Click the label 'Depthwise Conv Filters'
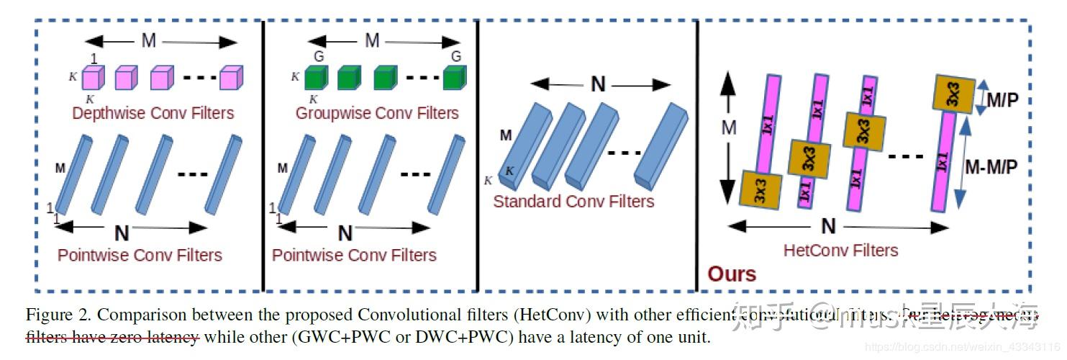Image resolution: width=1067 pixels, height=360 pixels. (x=153, y=113)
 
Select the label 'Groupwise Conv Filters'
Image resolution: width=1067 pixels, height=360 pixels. (x=376, y=113)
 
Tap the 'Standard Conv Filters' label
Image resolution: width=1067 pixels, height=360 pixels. (x=573, y=201)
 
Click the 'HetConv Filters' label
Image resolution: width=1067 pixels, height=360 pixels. (x=840, y=251)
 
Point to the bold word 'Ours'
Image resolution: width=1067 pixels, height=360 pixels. (x=732, y=274)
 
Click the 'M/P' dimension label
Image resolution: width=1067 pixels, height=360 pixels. (x=1002, y=100)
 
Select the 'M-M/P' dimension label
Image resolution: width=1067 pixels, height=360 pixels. (x=991, y=167)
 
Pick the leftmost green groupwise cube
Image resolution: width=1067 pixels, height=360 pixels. (x=315, y=77)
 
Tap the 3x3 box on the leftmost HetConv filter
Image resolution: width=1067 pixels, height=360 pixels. (x=760, y=188)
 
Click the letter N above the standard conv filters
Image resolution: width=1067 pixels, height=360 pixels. (x=598, y=85)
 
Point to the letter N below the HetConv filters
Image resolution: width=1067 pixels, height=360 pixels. (x=829, y=227)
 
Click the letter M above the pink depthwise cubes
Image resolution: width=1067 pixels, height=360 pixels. (x=148, y=41)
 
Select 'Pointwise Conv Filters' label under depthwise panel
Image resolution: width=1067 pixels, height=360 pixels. (x=140, y=255)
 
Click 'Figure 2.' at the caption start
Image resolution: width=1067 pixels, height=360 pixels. (x=58, y=315)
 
